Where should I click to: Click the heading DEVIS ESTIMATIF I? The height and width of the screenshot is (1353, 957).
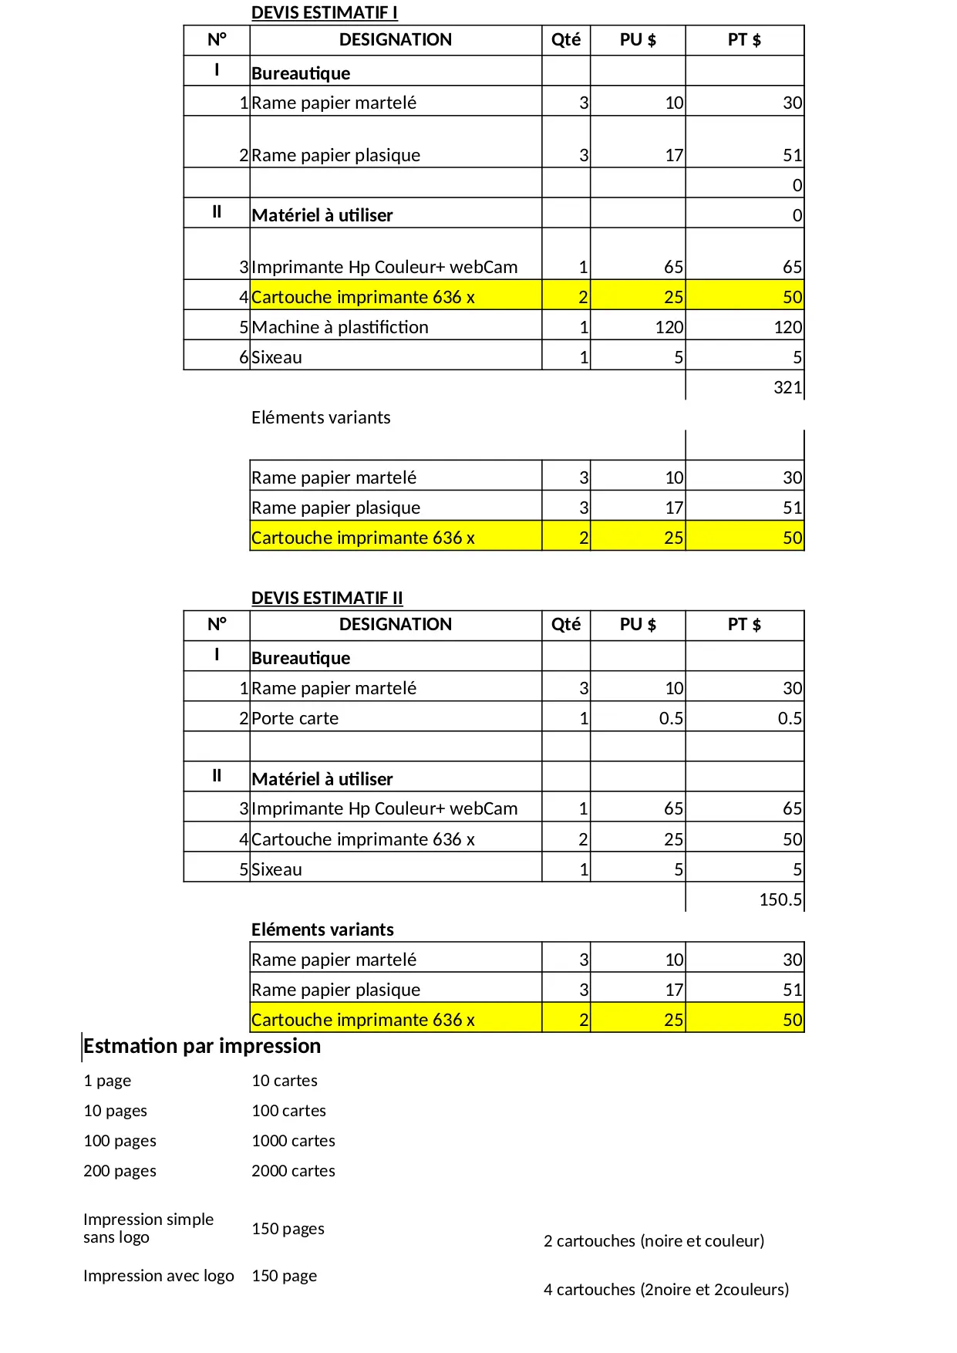click(324, 12)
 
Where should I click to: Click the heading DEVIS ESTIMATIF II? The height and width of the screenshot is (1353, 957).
click(327, 598)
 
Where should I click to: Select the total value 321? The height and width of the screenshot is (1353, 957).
click(787, 387)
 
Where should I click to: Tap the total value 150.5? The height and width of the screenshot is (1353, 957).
click(780, 899)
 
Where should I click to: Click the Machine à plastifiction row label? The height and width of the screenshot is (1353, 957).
click(339, 327)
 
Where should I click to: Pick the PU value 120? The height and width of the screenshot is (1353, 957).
click(669, 327)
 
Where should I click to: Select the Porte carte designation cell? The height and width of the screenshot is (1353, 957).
click(295, 718)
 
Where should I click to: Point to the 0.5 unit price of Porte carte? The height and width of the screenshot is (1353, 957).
click(671, 718)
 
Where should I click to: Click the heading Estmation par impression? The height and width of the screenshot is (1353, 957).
click(202, 1046)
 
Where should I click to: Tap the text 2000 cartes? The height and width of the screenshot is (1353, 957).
click(293, 1171)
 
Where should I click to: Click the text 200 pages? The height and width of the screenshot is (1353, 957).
click(120, 1171)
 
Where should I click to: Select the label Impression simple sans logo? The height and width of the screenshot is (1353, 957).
click(148, 1228)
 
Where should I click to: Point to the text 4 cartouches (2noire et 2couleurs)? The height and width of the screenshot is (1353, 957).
click(666, 1290)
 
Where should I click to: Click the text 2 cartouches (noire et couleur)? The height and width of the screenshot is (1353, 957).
click(653, 1241)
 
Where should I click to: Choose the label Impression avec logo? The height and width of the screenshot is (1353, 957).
click(158, 1276)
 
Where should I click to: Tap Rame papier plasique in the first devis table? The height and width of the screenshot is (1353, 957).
click(335, 155)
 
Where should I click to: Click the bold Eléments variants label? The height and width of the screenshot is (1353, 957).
click(322, 930)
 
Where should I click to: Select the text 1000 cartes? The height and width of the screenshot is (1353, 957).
click(293, 1141)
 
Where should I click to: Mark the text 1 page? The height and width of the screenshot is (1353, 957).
click(107, 1081)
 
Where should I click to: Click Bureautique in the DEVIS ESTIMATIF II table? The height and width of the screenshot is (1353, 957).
click(301, 658)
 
